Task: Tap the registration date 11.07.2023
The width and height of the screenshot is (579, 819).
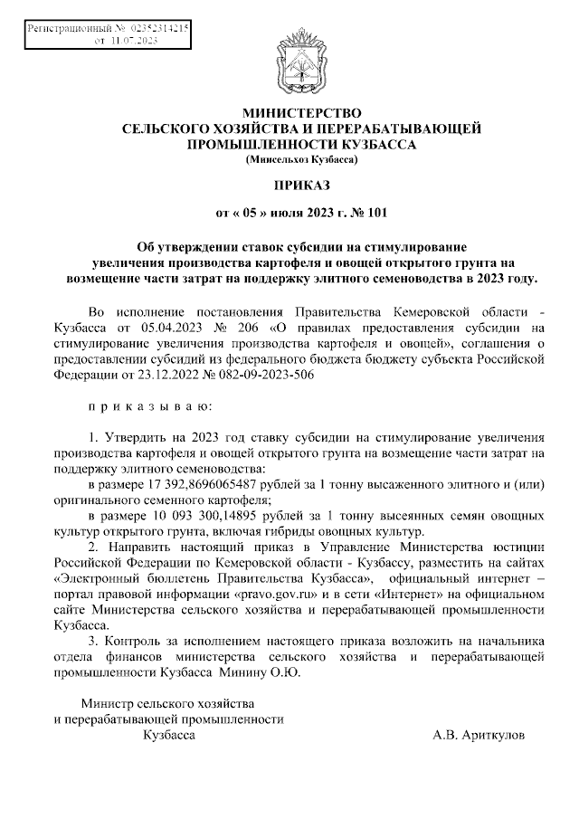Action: click(132, 41)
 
